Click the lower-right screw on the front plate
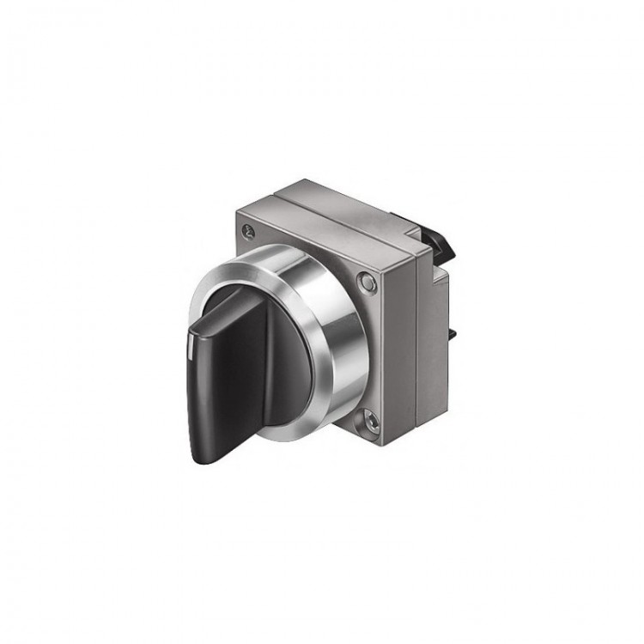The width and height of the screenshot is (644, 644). pos(370,419)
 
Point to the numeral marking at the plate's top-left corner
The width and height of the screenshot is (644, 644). pos(249,230)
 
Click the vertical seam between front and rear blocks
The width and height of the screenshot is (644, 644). pos(416,343)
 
